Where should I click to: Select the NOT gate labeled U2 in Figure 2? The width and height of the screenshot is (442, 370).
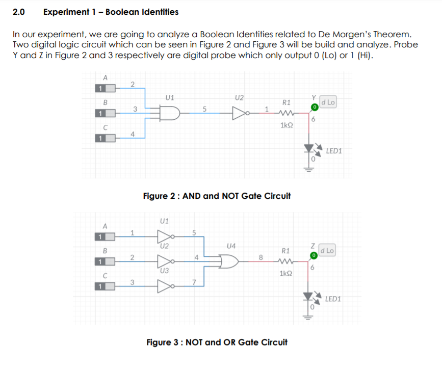(239, 113)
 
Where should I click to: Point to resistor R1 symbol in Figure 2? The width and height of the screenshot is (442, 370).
(286, 113)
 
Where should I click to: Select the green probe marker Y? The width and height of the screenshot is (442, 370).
(315, 107)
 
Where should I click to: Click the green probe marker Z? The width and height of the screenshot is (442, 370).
(315, 255)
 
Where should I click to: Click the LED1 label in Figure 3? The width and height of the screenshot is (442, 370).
(333, 299)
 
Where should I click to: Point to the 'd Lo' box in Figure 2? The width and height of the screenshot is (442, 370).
(328, 102)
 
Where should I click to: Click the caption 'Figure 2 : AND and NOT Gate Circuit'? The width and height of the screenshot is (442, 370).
(217, 196)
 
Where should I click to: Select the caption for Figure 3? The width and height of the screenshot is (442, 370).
(217, 342)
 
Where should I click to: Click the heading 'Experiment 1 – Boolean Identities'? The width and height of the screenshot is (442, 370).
(111, 11)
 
